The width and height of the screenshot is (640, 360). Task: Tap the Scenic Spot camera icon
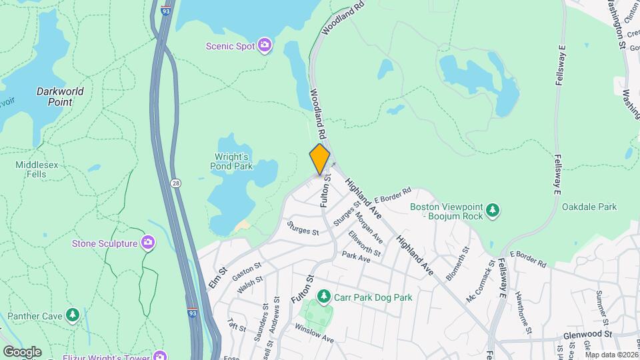[265, 45]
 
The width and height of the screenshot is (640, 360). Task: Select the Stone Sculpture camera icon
[148, 243]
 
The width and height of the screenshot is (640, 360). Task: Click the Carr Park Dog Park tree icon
[323, 295]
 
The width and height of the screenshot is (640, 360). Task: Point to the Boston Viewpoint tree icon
[493, 211]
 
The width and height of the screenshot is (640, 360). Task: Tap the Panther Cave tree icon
[73, 314]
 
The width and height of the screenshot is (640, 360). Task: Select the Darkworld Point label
[60, 97]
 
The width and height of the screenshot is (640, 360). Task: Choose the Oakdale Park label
[589, 207]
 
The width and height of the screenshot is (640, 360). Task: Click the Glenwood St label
[587, 333]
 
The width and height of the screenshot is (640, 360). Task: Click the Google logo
[23, 351]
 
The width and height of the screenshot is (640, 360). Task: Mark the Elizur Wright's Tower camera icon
[159, 355]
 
